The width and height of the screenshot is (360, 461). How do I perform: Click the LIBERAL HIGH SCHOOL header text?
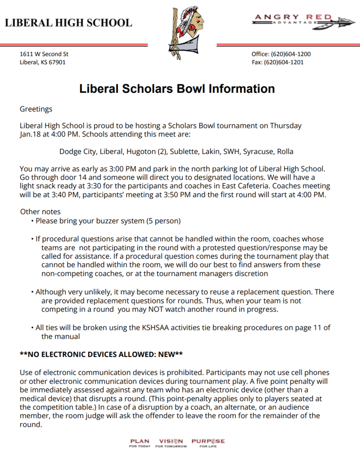pyautogui.click(x=68, y=23)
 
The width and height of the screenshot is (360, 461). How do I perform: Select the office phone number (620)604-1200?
pyautogui.click(x=291, y=54)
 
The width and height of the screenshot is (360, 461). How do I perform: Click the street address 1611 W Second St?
pyautogui.click(x=44, y=54)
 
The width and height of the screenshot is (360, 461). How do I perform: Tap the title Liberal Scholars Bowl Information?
pyautogui.click(x=177, y=89)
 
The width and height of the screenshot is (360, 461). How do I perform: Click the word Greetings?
pyautogui.click(x=36, y=109)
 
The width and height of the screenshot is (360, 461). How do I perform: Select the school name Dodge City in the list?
pyautogui.click(x=77, y=151)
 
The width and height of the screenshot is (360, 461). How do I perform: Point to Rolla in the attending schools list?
pyautogui.click(x=285, y=151)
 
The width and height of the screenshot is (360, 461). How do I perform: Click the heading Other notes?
pyautogui.click(x=40, y=212)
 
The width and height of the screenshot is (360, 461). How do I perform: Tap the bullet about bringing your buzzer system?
pyautogui.click(x=108, y=221)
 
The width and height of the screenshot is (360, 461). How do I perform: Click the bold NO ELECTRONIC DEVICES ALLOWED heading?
pyautogui.click(x=101, y=354)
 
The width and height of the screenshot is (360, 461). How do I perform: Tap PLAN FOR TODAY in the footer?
pyautogui.click(x=139, y=443)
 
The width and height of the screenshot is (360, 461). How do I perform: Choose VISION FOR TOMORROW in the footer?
pyautogui.click(x=171, y=443)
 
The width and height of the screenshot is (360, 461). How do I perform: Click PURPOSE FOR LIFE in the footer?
pyautogui.click(x=208, y=443)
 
